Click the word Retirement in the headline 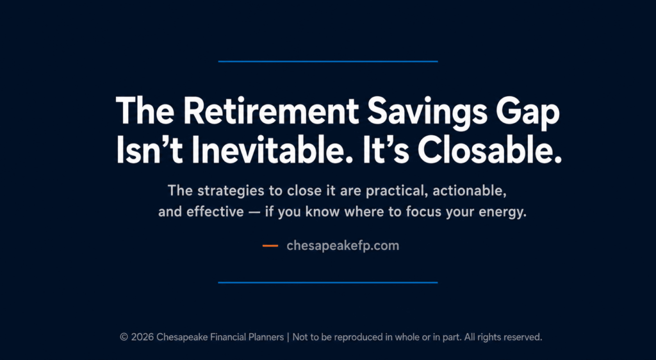click(x=271, y=110)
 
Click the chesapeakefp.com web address click(x=343, y=246)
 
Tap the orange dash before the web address click(x=270, y=246)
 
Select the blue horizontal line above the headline click(x=328, y=61)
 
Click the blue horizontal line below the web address click(x=328, y=282)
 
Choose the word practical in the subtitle click(x=397, y=191)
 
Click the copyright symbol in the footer click(x=124, y=337)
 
